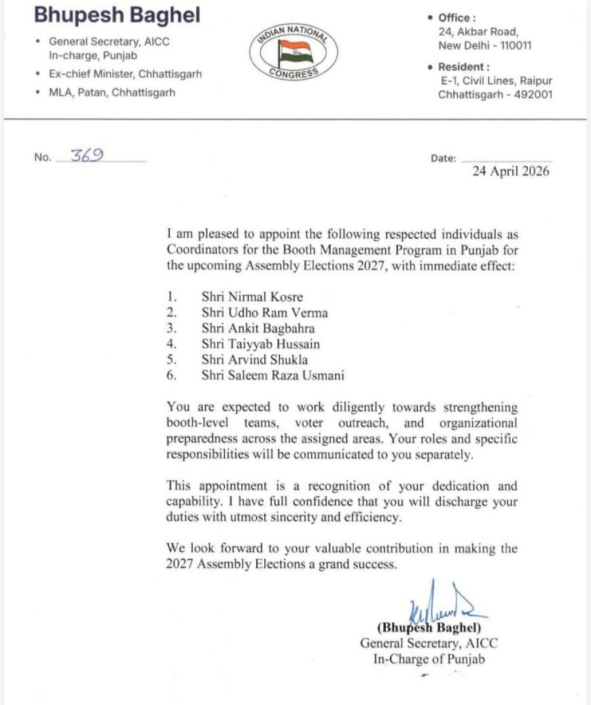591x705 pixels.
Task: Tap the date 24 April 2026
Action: point(511,172)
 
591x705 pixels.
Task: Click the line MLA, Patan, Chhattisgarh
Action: point(112,92)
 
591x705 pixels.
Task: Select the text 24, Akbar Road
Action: point(478,31)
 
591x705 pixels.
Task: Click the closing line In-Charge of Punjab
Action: point(429,660)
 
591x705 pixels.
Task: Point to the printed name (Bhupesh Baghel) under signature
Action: point(429,628)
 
